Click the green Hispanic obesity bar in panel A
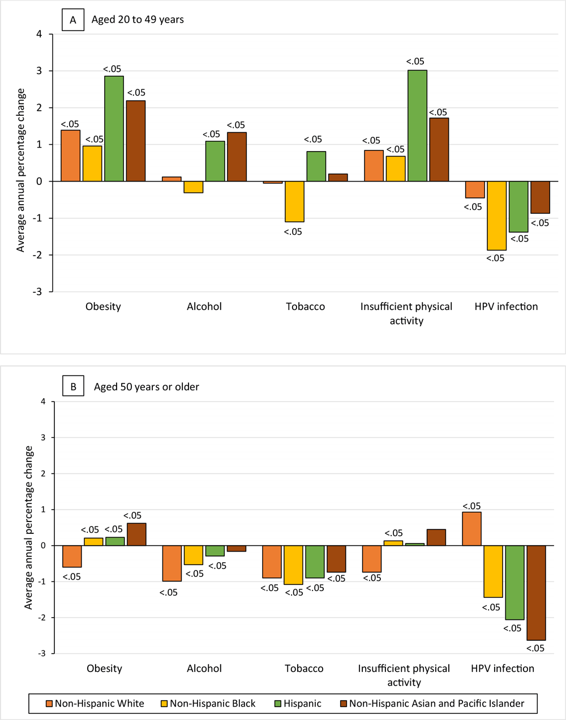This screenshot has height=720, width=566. tap(114, 129)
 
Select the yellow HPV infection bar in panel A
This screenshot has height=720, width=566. tap(496, 215)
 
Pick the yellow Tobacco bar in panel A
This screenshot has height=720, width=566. tap(294, 201)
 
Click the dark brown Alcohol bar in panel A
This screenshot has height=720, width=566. tap(237, 157)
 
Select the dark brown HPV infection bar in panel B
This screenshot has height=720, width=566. tap(536, 592)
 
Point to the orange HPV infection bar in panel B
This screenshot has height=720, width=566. tap(471, 529)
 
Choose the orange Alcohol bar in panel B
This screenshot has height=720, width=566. tap(172, 563)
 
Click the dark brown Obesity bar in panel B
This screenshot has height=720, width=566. tap(136, 534)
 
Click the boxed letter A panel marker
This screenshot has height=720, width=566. tap(72, 20)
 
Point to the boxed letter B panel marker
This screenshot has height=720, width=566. tap(73, 387)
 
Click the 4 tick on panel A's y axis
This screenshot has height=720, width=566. tap(39, 34)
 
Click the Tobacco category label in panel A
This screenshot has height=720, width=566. tap(305, 307)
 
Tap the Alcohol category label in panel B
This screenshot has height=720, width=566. tap(204, 669)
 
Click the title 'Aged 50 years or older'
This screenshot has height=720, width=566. tap(147, 387)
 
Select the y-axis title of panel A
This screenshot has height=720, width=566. tap(21, 170)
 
